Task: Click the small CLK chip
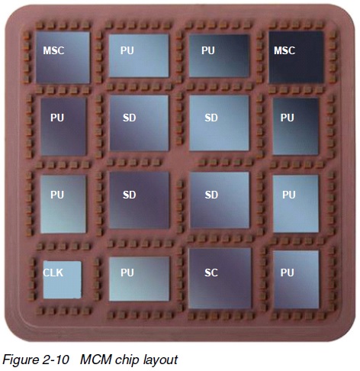coord(63,279)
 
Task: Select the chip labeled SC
coord(220,278)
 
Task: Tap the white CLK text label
coord(53,273)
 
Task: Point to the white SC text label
coord(211,273)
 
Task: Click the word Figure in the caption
coord(20,360)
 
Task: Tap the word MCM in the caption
coord(96,360)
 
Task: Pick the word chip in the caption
coord(127,360)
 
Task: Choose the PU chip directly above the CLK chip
coord(63,204)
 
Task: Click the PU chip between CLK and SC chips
coord(139,279)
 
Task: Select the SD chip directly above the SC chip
coord(220,200)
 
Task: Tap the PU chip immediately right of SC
coord(296,279)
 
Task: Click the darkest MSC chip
coord(296,57)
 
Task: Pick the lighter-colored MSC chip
coord(63,57)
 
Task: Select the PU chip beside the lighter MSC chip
coord(139,56)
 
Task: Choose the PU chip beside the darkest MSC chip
coord(219,56)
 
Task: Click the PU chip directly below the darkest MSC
coord(296,127)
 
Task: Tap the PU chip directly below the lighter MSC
coord(63,127)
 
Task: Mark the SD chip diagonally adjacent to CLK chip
coord(140,200)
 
